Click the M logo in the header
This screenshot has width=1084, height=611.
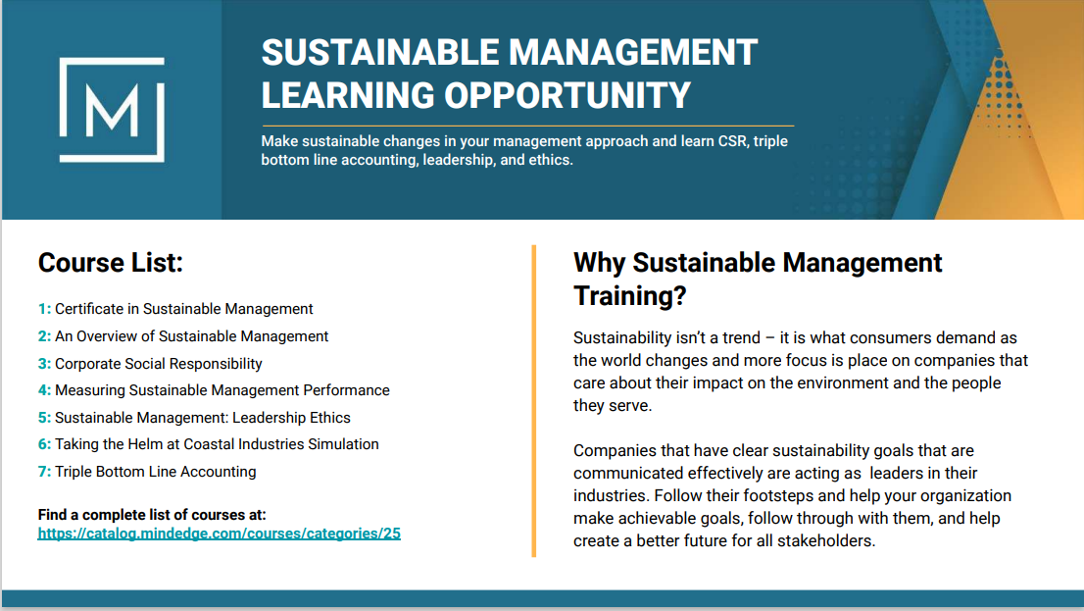pos(112,110)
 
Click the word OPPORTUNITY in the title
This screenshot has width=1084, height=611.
pos(567,95)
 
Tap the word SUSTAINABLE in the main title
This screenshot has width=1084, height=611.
pos(380,53)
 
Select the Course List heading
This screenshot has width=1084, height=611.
pos(111,263)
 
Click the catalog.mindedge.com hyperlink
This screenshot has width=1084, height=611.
pos(220,534)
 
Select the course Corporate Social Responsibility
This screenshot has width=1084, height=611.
pos(159,363)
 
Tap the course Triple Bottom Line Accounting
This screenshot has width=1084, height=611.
pos(156,471)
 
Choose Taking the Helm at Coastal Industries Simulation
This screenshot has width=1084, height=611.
pos(217,444)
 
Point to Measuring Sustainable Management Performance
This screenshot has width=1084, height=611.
pos(222,390)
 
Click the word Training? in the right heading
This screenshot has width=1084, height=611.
pos(630,296)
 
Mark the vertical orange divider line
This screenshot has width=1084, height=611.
pos(534,401)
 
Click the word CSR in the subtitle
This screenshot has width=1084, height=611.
pos(732,141)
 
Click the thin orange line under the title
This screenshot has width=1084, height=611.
pos(527,126)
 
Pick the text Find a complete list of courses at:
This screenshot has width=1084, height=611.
pos(152,515)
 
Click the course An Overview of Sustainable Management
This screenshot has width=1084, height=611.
pos(191,336)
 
